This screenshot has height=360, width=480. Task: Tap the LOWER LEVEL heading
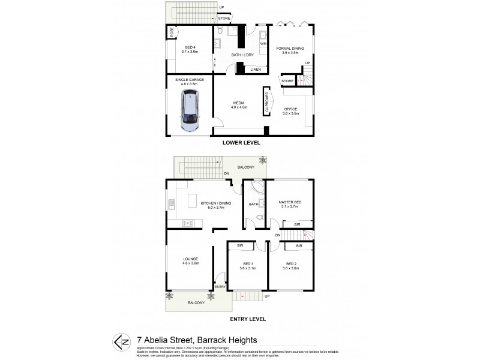pyautogui.click(x=239, y=143)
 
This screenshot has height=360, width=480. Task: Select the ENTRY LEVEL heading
pyautogui.click(x=239, y=319)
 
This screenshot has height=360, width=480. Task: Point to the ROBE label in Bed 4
pyautogui.click(x=172, y=34)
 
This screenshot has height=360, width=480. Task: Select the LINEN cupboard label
pyautogui.click(x=256, y=70)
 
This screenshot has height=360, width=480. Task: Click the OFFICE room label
pyautogui.click(x=291, y=109)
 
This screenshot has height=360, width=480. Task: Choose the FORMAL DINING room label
pyautogui.click(x=290, y=48)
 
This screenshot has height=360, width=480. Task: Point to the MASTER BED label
pyautogui.click(x=290, y=203)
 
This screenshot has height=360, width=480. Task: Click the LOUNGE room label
pyautogui.click(x=191, y=259)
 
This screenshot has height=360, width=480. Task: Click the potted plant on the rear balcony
pyautogui.click(x=262, y=161)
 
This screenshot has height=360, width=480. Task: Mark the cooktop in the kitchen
pyautogui.click(x=188, y=223)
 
